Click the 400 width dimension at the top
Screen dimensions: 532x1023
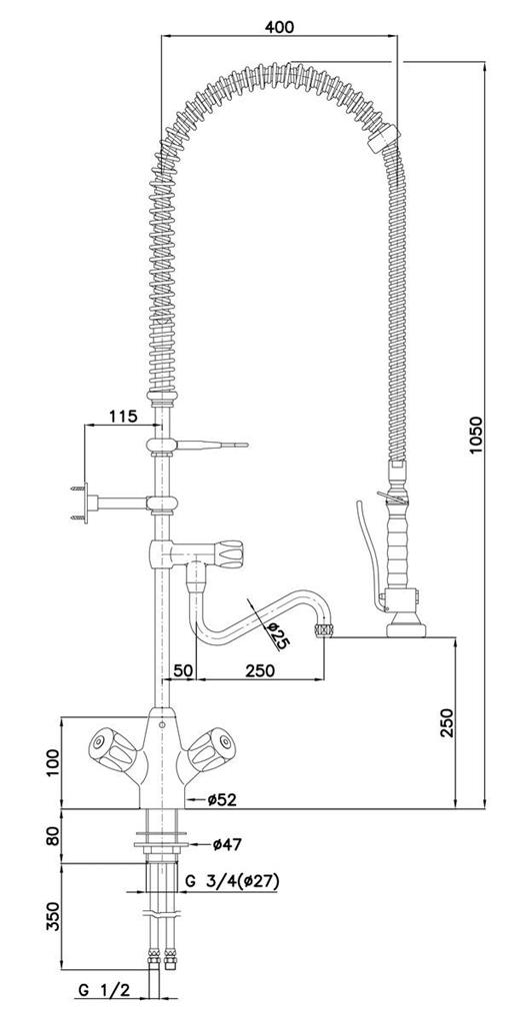click(279, 27)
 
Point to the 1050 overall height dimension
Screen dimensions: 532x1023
click(476, 435)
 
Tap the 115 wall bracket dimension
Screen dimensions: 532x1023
click(122, 416)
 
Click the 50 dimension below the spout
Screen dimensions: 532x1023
click(182, 670)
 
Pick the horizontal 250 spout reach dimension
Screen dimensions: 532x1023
click(260, 670)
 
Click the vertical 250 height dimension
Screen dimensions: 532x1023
click(447, 721)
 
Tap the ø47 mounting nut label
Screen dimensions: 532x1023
click(227, 844)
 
